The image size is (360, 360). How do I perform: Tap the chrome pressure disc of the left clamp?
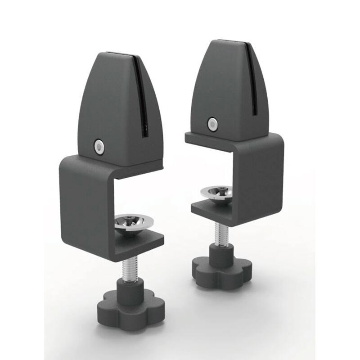point(134,223)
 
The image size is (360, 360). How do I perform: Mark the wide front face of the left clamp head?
point(108,108)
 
